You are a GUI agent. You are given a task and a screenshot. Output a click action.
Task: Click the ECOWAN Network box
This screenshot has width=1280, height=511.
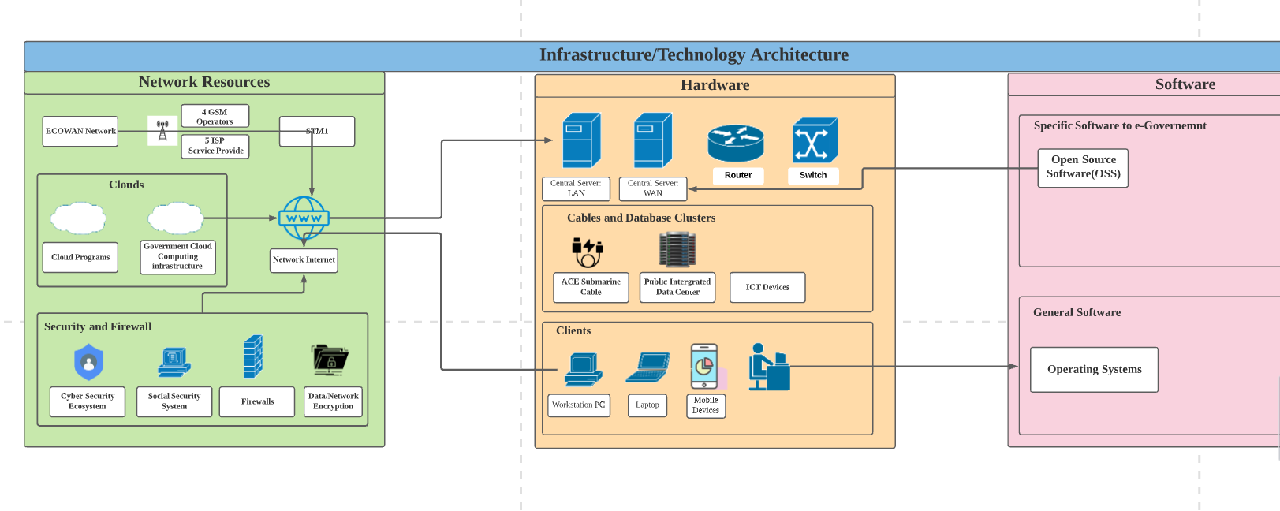click(80, 131)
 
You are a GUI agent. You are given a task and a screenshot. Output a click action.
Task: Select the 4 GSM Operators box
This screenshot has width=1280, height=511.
click(215, 116)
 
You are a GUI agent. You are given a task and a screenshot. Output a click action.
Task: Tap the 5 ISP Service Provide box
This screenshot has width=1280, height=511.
click(215, 146)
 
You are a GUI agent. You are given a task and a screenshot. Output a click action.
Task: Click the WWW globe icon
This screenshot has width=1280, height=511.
click(304, 218)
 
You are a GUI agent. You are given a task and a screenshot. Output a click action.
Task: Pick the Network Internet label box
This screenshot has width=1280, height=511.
click(304, 260)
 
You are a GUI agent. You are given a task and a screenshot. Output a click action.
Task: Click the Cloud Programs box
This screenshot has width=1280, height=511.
click(80, 257)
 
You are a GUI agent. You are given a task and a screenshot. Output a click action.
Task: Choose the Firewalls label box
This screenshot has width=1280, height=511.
click(257, 401)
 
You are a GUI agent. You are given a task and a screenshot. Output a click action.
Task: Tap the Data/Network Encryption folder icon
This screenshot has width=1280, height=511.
click(330, 360)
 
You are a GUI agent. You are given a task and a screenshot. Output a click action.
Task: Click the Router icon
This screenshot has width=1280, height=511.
click(736, 143)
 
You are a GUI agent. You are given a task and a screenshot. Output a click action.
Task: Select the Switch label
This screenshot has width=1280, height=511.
click(813, 175)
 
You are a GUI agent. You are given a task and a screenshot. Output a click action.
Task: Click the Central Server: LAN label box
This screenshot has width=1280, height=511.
click(576, 188)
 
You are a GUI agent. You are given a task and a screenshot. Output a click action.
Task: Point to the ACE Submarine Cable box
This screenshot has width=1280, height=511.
click(591, 287)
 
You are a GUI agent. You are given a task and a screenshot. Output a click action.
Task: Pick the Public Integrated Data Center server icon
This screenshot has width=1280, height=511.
click(677, 249)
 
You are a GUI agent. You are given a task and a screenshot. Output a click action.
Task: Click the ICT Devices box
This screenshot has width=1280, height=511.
click(767, 287)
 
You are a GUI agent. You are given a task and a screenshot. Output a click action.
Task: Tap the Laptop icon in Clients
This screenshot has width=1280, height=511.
click(647, 367)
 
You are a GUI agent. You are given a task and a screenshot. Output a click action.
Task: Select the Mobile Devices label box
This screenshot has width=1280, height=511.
click(706, 405)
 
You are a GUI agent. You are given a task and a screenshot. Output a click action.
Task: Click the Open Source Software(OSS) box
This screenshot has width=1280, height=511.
click(1083, 167)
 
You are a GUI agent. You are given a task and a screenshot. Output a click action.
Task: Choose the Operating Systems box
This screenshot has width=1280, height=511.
click(1094, 369)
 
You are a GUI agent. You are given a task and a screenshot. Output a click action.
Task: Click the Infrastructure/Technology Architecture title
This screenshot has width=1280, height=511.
click(694, 55)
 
